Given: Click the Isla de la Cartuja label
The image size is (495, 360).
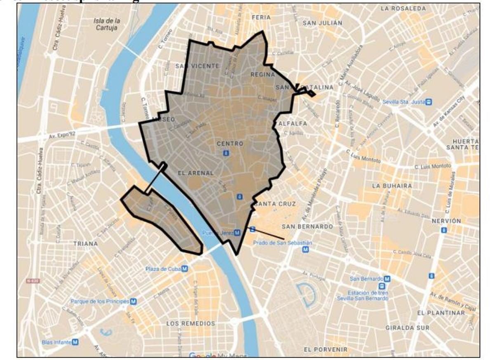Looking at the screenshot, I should coord(106,24).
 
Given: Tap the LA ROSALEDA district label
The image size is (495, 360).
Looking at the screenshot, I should coord(403,8).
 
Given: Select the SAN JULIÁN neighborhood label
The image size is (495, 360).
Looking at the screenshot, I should coord(322,23).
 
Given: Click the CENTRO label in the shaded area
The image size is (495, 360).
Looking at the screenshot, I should coord(230,144).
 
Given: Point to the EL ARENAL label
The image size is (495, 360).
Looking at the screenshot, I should coord(196,173).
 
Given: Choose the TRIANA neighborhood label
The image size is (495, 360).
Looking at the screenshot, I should coord(85,244).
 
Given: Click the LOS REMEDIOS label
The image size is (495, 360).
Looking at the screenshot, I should coord(191,324).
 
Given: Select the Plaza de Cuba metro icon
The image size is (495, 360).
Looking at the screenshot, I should coord(185,269).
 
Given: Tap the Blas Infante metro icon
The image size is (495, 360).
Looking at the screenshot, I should coord(75,342).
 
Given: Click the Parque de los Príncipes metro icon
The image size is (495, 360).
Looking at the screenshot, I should coord(133,301).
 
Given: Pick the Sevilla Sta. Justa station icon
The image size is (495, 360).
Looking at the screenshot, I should coord(429,101).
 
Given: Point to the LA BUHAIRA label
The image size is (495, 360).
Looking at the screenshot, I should coord(391,186).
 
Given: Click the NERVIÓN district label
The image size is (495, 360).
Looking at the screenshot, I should coord(446,221).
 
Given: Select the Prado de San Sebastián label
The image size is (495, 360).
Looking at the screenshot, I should coord(282,243).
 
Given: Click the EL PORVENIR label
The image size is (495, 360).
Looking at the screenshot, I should coord(325,349).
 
